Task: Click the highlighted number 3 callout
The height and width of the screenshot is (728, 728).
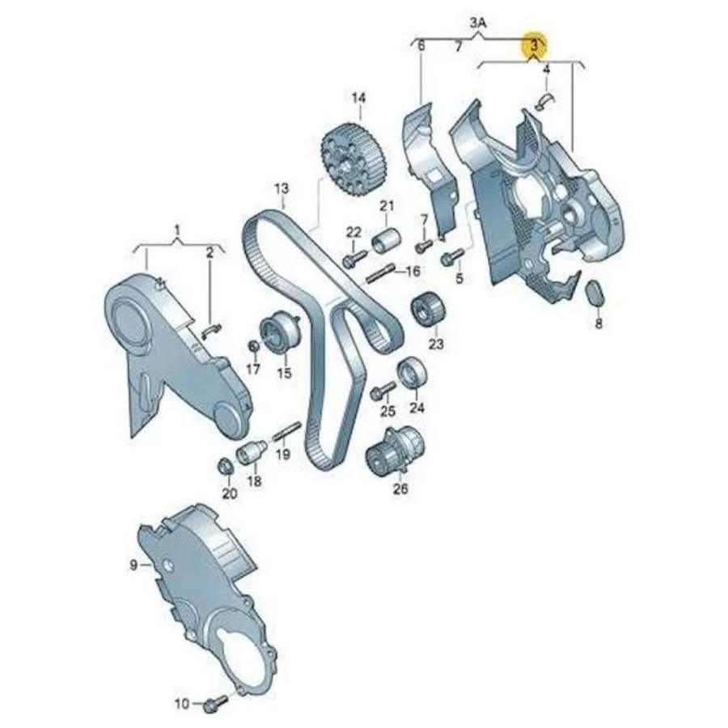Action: tap(535, 45)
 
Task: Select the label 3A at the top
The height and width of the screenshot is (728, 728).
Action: tap(478, 23)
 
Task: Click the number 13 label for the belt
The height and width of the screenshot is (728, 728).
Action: tap(281, 189)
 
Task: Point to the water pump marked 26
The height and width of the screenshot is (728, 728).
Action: tap(395, 450)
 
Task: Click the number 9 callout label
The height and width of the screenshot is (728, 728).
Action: tap(133, 565)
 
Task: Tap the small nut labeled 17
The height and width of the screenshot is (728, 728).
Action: tap(253, 346)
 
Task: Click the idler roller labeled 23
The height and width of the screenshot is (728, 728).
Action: tap(428, 309)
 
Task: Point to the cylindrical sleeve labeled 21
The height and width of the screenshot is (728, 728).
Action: tap(387, 240)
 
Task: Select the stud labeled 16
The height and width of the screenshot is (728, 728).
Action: tap(381, 273)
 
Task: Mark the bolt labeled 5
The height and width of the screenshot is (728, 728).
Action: tap(451, 256)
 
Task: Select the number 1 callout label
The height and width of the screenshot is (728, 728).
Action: tap(176, 230)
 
